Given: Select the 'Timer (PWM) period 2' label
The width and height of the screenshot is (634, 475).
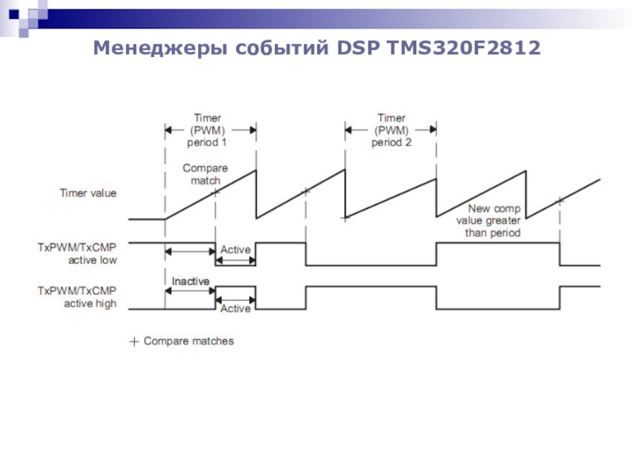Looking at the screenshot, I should point(391,131).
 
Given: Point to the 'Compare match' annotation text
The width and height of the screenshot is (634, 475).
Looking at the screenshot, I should point(205,174).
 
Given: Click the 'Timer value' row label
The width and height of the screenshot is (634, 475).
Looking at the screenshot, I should point(88,192).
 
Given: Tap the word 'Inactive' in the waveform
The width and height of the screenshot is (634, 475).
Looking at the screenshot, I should point(190,281).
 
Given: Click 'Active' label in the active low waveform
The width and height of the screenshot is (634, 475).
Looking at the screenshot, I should point(235,250).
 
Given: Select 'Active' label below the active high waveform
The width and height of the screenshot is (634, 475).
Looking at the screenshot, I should point(235,309).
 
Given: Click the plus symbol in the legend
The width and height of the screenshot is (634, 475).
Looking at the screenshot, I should point(134,341).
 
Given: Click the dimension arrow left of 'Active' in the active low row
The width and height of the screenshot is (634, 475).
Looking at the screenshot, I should point(190,252).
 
